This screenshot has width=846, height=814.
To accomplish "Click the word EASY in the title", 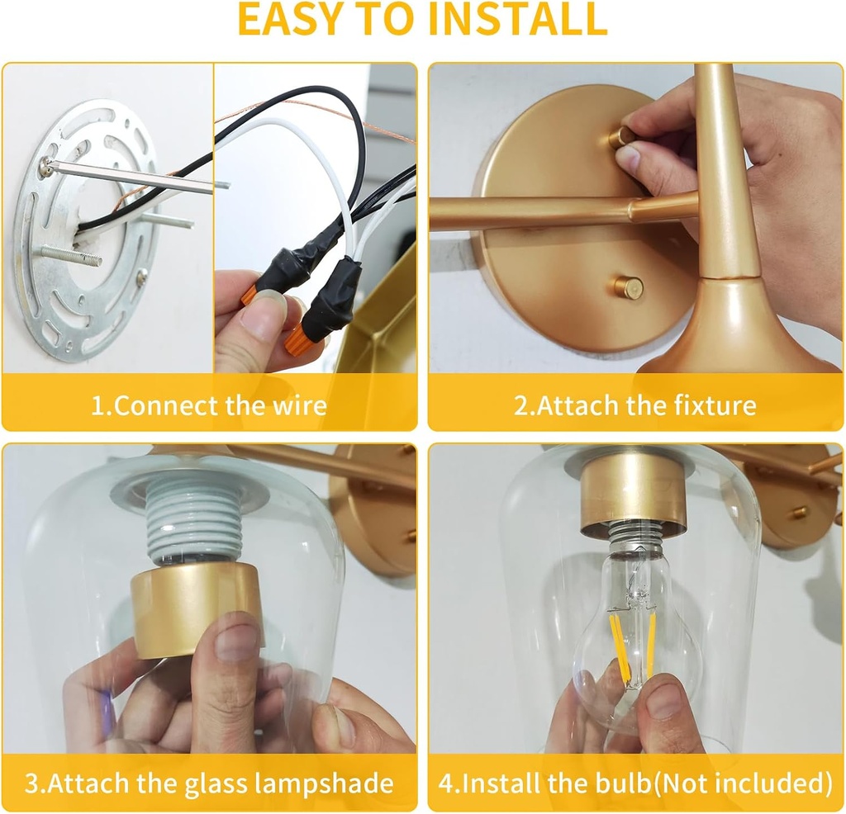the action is click(289, 18).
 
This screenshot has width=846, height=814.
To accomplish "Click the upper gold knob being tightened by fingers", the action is click(622, 138).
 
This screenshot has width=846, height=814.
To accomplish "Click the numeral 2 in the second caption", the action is click(520, 405).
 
